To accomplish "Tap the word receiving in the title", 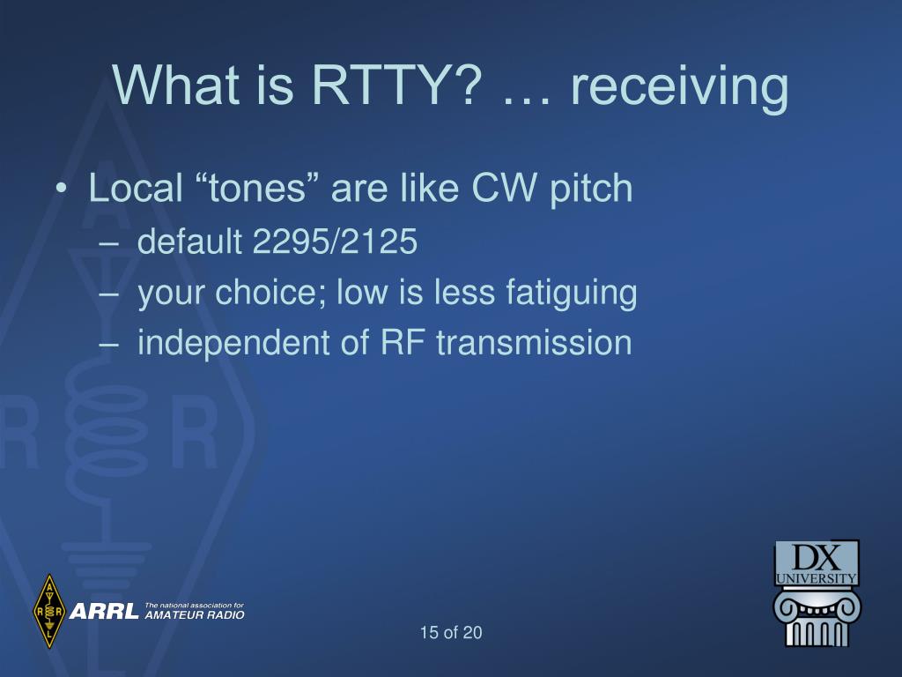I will (x=678, y=88).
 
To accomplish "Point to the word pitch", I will (x=591, y=190).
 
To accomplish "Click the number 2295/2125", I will (x=335, y=242).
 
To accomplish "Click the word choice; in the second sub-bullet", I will (x=273, y=294).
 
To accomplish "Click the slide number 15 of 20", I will (x=451, y=632).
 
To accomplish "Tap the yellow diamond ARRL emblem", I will (x=49, y=610).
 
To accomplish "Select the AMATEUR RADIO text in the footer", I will (x=194, y=614).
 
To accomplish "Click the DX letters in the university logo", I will (x=816, y=558).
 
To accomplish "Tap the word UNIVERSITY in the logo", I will (x=817, y=578).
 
